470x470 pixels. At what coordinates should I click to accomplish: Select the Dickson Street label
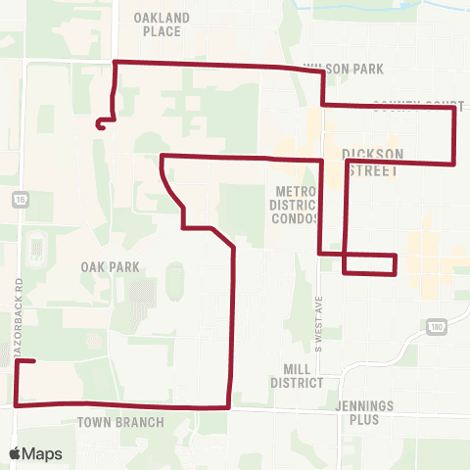[x=371, y=163]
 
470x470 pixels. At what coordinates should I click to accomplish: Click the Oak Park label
[x=112, y=266]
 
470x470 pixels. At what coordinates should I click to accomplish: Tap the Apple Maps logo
[x=36, y=453]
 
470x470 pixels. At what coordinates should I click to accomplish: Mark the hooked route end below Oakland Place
[x=99, y=124]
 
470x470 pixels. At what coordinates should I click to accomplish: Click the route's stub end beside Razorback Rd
[x=34, y=361]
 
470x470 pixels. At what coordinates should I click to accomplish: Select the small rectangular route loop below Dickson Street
[x=369, y=264]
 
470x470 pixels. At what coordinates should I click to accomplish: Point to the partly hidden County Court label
[x=416, y=102]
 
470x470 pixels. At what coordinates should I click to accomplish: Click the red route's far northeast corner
[x=453, y=108]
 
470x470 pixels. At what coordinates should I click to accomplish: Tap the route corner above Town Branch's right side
[x=229, y=405]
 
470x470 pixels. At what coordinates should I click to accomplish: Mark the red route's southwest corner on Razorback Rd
[x=17, y=403]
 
